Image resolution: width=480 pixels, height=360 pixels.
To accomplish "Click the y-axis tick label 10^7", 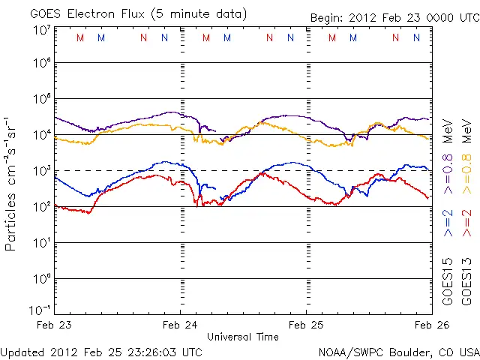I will [41, 30].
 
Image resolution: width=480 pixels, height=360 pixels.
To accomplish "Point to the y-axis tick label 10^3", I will [41, 171].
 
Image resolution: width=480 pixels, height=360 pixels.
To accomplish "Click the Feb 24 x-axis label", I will [181, 325].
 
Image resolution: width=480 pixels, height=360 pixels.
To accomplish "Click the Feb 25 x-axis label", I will [306, 325].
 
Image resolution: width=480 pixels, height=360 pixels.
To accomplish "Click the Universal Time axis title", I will [243, 336].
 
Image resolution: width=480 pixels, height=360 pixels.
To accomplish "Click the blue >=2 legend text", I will [448, 222].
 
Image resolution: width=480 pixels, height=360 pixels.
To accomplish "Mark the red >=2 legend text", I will [466, 222].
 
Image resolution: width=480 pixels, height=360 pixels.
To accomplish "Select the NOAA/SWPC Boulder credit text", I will [397, 352].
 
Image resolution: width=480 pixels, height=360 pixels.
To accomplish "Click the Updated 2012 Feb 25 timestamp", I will [101, 352].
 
